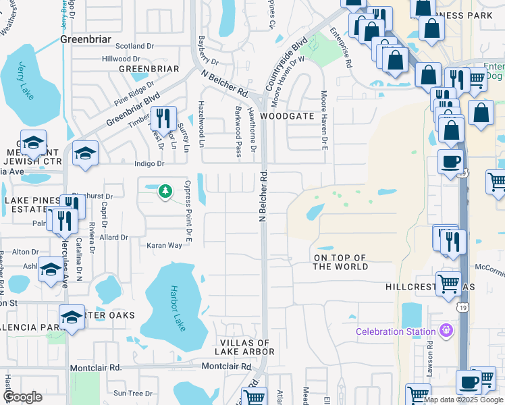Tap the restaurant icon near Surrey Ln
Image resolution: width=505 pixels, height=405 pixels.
163,119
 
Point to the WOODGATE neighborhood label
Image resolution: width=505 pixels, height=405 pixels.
292,116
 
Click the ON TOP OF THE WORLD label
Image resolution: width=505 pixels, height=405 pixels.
341,262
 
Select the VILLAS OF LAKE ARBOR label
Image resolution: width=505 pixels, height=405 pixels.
244,347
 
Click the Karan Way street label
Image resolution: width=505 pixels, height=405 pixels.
165,246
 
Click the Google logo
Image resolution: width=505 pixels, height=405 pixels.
23,397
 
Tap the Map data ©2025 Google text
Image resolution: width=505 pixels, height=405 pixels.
462,400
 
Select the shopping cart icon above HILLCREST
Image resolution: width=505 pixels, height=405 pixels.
449,283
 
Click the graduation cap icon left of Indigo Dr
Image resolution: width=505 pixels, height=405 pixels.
85,154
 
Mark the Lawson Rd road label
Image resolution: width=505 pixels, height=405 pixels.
429,362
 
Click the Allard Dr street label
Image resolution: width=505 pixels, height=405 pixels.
114,238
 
